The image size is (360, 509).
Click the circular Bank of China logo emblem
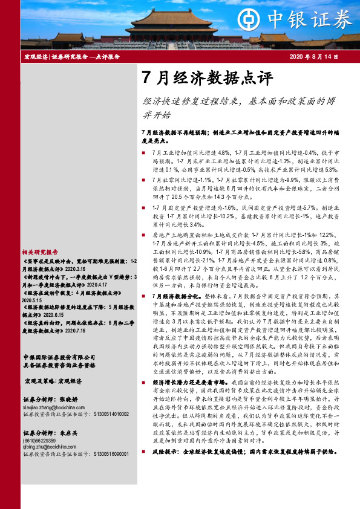pyautogui.click(x=246, y=18)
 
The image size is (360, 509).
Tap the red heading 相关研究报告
pyautogui.click(x=40, y=251)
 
